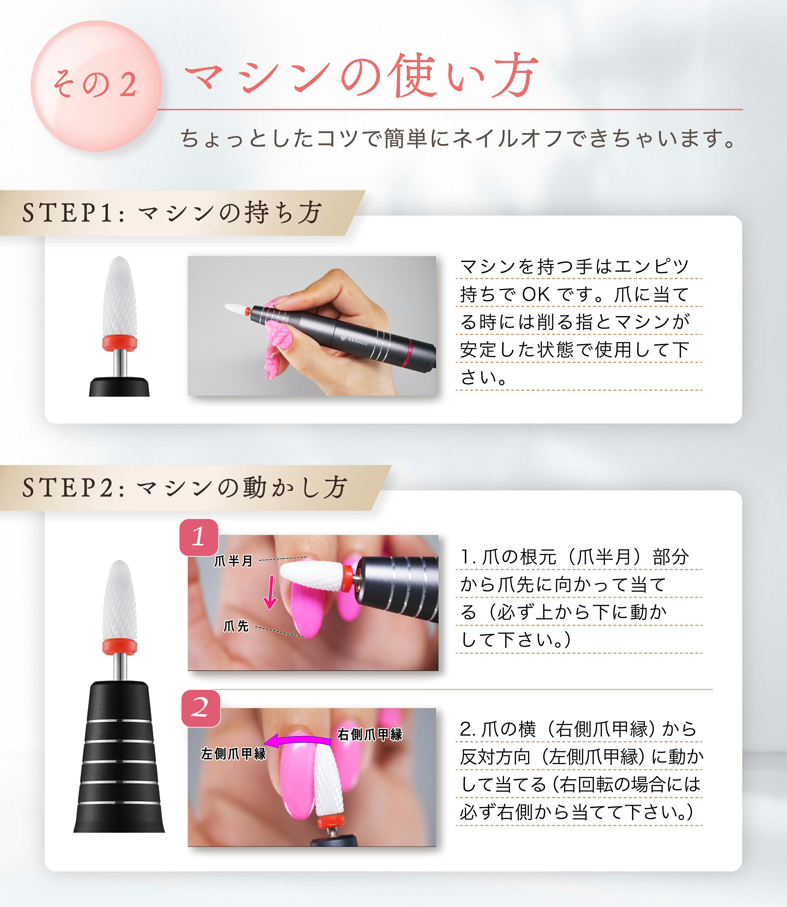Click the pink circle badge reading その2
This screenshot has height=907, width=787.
click(x=96, y=86)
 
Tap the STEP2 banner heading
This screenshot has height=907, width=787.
click(x=184, y=488)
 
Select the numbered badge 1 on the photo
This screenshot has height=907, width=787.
click(x=199, y=537)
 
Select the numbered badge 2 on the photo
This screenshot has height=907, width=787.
click(x=201, y=708)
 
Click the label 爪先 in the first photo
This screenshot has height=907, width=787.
click(x=236, y=626)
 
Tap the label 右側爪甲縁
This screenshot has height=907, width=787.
click(x=369, y=734)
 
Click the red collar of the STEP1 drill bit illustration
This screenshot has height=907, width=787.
click(x=120, y=342)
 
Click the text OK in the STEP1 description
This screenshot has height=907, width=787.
click(x=535, y=295)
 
